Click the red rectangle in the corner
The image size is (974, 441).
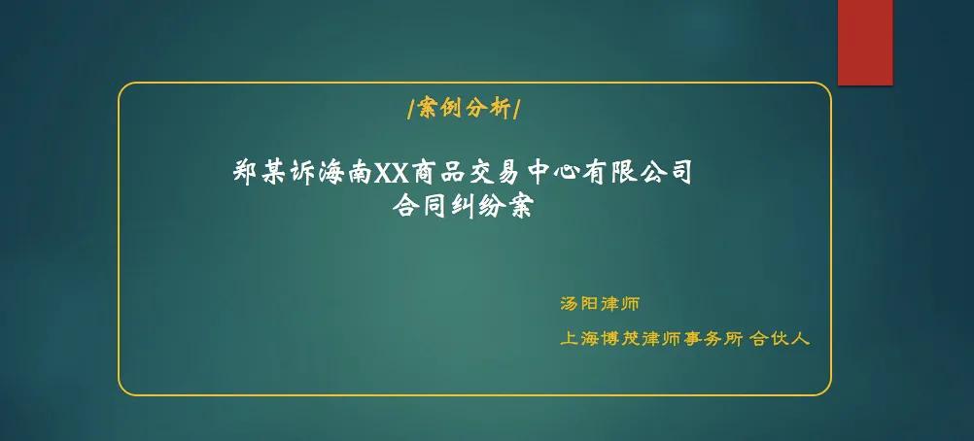tap(864, 42)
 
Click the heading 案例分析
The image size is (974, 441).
tap(463, 110)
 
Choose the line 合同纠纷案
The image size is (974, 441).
tap(463, 207)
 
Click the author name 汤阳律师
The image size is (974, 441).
tap(600, 303)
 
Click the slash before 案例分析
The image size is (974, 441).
tap(411, 110)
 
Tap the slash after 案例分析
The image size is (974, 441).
tap(515, 110)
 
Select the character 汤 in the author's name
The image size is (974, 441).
tap(570, 303)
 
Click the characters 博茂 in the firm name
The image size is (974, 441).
tap(624, 339)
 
